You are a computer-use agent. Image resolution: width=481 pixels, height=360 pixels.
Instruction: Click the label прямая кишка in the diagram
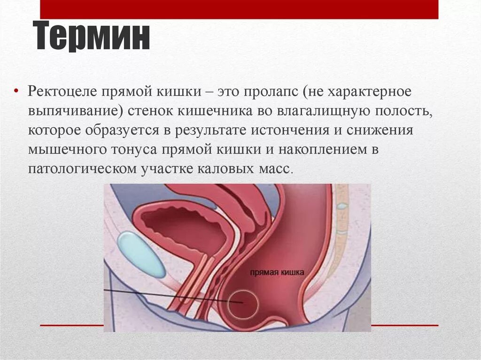pos(277,272)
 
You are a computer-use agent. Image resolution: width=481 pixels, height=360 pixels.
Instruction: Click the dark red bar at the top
pos(239,9)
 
